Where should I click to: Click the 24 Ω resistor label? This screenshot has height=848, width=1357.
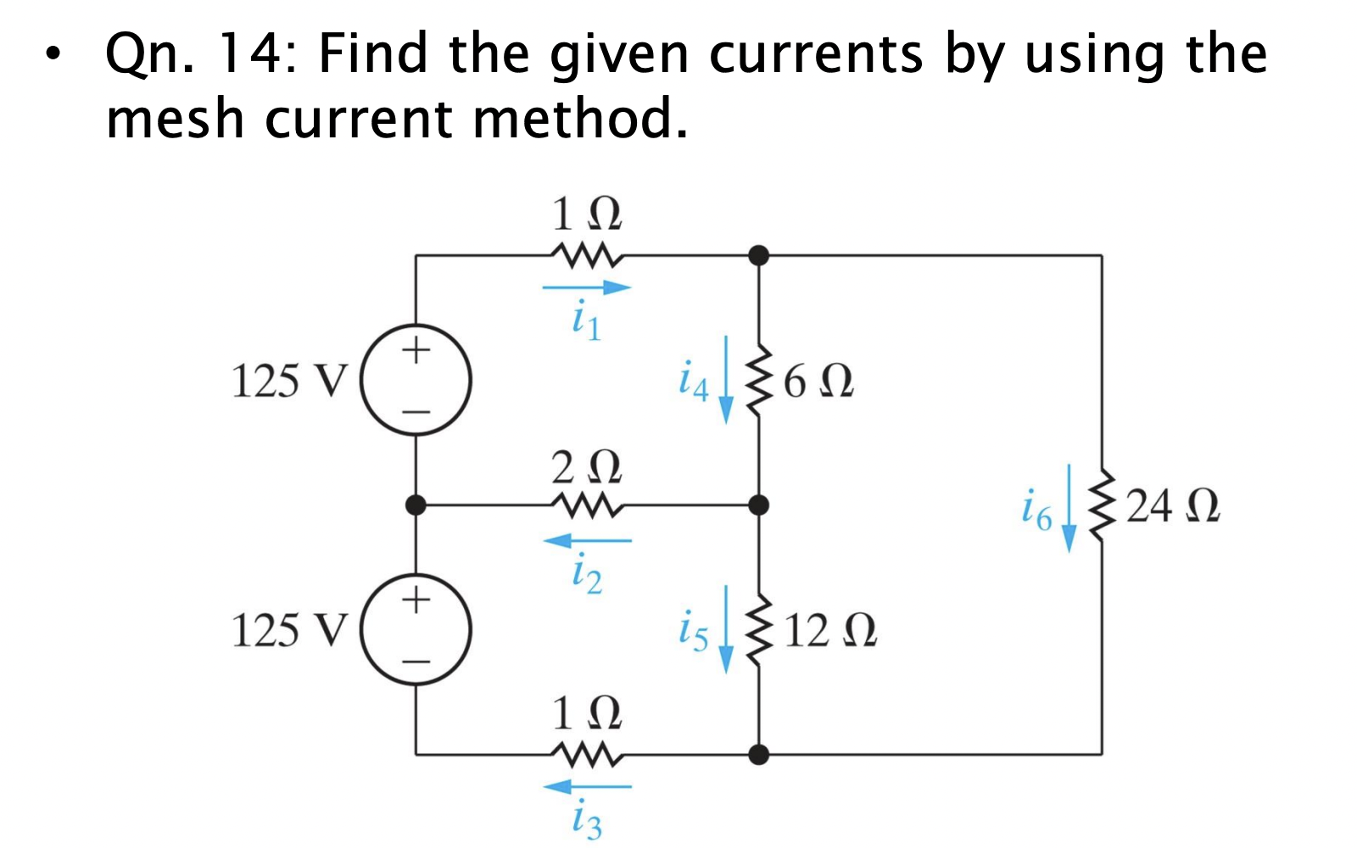[1173, 506]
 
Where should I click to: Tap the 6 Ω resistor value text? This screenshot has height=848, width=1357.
[818, 382]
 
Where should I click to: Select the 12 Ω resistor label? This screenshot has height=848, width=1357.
[829, 631]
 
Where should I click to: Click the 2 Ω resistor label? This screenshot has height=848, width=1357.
[586, 467]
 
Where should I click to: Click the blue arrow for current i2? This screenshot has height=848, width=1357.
[587, 540]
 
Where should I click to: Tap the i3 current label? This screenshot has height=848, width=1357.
[586, 820]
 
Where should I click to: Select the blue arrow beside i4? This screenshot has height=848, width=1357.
[726, 379]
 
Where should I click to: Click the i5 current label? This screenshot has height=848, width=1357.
[693, 632]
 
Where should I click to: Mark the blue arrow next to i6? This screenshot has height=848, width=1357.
[1069, 508]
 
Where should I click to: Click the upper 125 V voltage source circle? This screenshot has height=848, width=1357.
[416, 380]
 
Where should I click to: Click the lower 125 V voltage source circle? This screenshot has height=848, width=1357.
[416, 629]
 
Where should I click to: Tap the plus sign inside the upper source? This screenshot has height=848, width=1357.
[416, 349]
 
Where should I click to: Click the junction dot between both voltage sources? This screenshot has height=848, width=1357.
[416, 505]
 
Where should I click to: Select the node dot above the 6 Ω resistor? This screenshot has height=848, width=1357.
[759, 254]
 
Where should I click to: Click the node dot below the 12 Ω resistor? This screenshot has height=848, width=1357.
[759, 754]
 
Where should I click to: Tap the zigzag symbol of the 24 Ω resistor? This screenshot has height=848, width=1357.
[1102, 506]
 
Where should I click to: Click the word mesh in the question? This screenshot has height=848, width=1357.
[175, 119]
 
